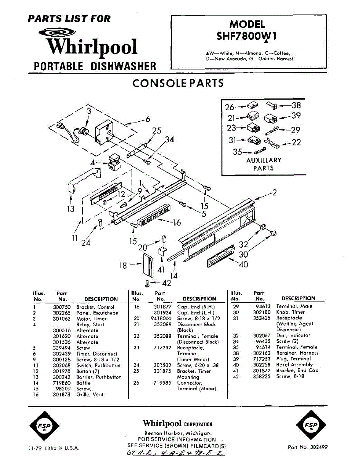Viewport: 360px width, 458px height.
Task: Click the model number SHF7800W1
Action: click(247, 35)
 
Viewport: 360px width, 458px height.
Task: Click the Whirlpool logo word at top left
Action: click(91, 46)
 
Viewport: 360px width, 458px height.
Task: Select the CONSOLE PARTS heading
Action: click(178, 83)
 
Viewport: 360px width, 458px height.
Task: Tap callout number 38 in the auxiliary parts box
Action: click(296, 105)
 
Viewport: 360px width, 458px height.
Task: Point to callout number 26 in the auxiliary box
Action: click(230, 107)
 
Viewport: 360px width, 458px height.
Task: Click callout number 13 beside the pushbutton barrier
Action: click(71, 209)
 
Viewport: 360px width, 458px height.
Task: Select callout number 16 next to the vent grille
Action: click(177, 222)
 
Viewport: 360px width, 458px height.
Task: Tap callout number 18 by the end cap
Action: click(123, 265)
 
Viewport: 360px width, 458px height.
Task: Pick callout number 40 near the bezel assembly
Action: click(243, 264)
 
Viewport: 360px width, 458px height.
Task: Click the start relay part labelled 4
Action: click(113, 163)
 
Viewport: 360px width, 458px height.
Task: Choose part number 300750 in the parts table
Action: click(61, 307)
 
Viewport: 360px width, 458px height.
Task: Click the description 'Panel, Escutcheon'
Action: click(97, 313)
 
